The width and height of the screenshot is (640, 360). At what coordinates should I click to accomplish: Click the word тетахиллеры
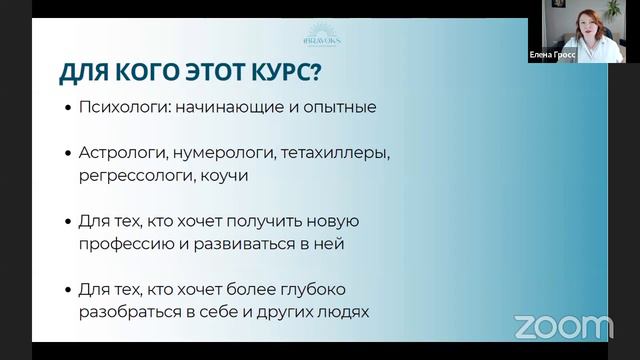pyautogui.click(x=332, y=154)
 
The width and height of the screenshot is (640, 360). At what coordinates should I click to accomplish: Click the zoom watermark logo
pyautogui.click(x=563, y=326)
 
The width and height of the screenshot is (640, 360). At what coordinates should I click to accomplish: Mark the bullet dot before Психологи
pyautogui.click(x=67, y=107)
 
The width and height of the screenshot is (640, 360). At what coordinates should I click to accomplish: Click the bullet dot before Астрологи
pyautogui.click(x=67, y=155)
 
